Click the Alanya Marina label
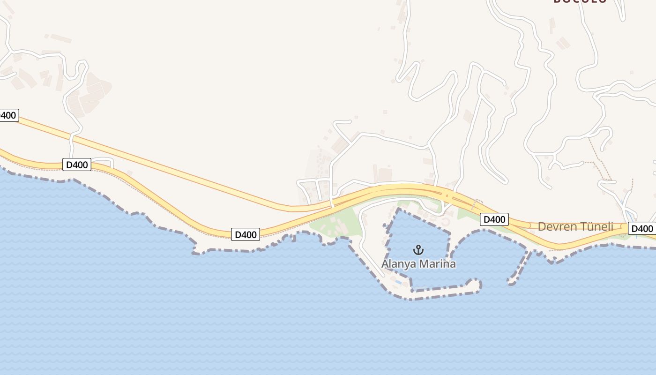coord(418,264)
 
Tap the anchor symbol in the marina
coord(418,250)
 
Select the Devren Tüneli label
coord(575,227)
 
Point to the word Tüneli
coord(597,227)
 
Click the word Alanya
coord(398,264)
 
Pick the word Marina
coord(437,264)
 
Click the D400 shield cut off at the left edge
coord(8,115)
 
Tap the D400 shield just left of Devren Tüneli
coord(494,219)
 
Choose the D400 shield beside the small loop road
coord(76,165)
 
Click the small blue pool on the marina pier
coord(398,282)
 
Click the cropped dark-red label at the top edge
coord(580,1)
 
